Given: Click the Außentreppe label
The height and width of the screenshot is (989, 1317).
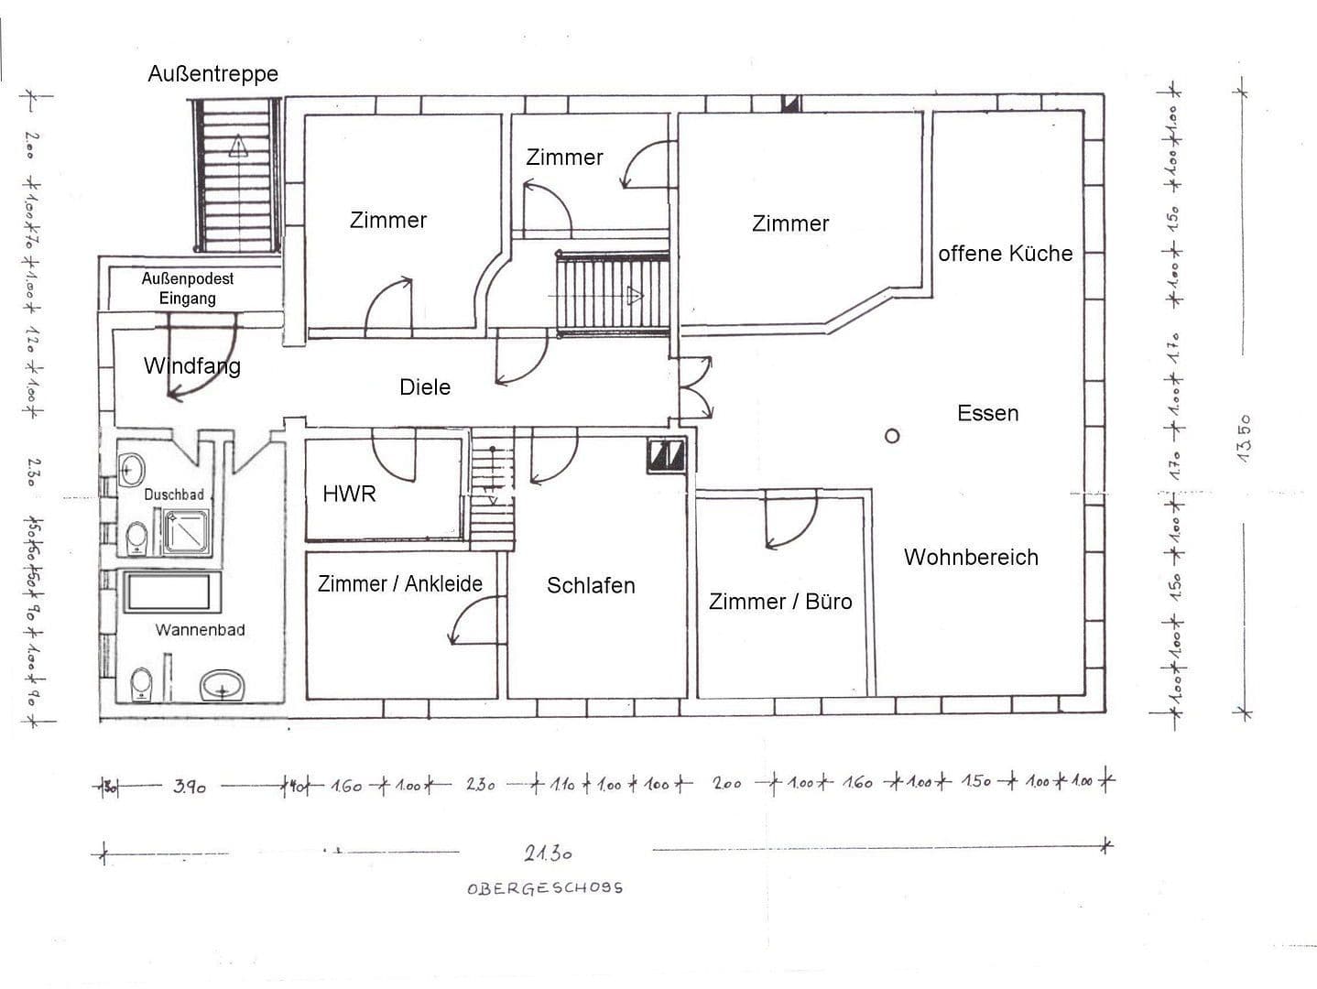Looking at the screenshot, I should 212,74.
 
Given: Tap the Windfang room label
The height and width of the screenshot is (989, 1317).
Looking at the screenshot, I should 191,366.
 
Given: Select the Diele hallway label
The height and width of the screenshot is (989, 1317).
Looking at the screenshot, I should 425,387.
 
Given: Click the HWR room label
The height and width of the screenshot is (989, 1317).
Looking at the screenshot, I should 349,494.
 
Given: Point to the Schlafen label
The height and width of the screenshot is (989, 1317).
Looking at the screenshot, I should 591,586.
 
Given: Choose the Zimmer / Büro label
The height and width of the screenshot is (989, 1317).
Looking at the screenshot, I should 780,602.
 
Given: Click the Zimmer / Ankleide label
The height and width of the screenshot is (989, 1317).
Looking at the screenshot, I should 399,584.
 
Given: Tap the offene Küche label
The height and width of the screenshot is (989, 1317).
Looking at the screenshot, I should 1005,254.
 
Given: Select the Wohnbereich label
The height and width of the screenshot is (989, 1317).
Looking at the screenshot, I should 971,558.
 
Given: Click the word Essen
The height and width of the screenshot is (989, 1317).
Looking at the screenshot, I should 987,414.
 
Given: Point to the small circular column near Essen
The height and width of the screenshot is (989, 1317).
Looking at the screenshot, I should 892,437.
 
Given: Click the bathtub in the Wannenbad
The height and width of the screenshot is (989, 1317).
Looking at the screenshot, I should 173,592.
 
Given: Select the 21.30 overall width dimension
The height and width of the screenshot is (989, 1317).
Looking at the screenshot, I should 548,853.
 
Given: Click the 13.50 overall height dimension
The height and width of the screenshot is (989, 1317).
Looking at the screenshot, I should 1245,438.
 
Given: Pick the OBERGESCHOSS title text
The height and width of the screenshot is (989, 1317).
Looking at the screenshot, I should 545,888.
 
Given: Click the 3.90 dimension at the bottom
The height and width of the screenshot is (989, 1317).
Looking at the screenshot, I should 189,786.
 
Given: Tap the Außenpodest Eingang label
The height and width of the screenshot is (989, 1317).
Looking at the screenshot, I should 187,288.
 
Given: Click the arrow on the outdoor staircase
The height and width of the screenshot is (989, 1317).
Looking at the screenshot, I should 238,146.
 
